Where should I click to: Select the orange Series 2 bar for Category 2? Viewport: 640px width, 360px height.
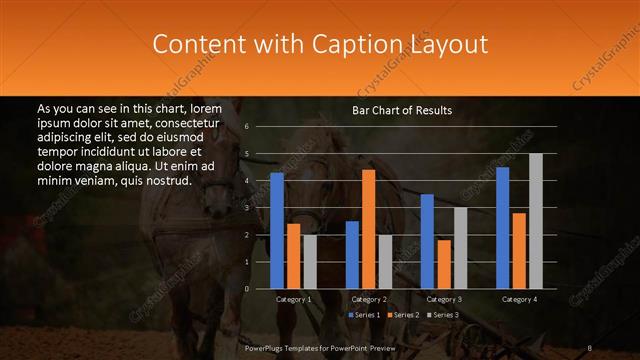[369, 229]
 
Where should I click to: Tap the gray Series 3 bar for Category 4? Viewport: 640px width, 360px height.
[536, 221]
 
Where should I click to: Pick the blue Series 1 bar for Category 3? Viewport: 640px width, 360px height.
[427, 241]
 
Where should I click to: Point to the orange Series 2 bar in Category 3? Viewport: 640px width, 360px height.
[444, 264]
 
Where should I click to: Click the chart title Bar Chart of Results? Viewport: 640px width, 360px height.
[402, 110]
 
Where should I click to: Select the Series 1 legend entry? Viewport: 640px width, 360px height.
[365, 315]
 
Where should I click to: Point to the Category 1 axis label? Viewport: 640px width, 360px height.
[294, 299]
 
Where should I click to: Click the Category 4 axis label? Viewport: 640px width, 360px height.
[519, 299]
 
